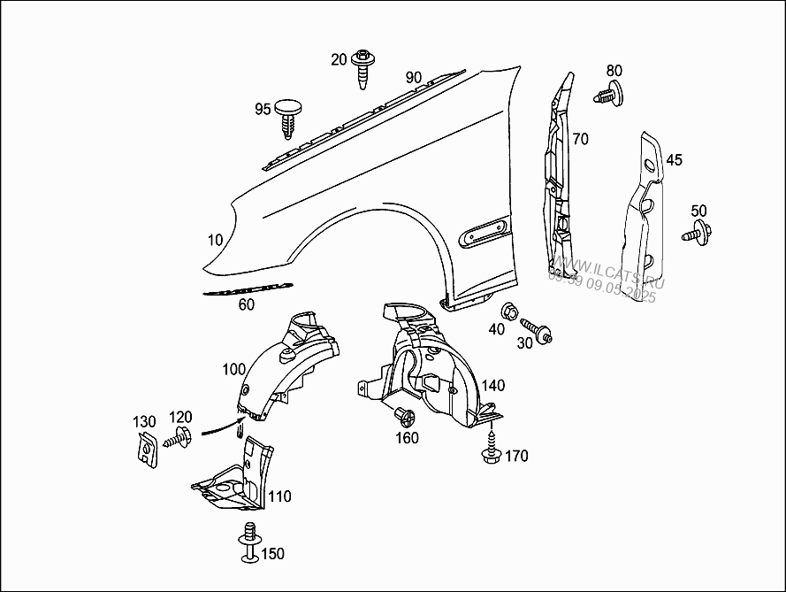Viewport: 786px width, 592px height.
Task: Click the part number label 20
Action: pos(340,59)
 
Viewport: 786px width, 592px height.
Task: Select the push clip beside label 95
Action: pos(289,116)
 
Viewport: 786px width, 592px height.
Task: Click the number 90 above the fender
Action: pos(414,77)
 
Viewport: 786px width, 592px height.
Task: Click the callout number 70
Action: pos(580,139)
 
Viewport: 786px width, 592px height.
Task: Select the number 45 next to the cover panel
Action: pos(675,160)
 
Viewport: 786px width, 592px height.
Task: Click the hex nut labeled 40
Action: pos(509,311)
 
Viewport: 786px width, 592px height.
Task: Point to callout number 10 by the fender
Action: pos(216,240)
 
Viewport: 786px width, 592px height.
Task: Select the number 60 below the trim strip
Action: pos(246,305)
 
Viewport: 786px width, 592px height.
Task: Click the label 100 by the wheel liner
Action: pos(234,368)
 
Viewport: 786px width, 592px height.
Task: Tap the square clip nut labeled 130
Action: pos(143,449)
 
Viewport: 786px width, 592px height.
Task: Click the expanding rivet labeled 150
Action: pos(250,542)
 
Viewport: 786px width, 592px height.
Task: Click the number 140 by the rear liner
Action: pos(493,385)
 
